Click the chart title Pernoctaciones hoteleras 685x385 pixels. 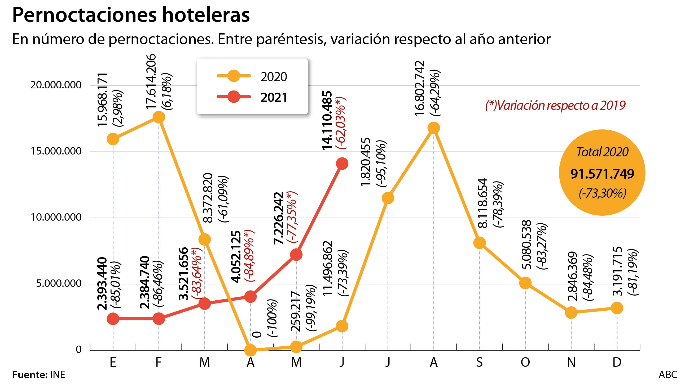(x=131, y=15)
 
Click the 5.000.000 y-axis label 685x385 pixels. (x=59, y=284)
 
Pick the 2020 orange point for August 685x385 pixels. (x=434, y=128)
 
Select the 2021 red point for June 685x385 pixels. (x=342, y=164)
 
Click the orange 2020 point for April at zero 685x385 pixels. (x=251, y=350)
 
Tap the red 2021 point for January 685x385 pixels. (x=113, y=318)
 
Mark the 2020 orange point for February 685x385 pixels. (x=159, y=117)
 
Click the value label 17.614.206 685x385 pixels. (x=151, y=81)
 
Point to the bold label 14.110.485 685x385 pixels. (x=327, y=121)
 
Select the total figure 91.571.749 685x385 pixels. (x=602, y=174)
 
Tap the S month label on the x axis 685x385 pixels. (x=480, y=362)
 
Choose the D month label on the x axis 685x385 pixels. (x=617, y=362)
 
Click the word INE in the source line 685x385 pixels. (x=58, y=375)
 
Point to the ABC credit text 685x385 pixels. (x=668, y=375)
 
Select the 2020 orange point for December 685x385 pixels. (x=617, y=308)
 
